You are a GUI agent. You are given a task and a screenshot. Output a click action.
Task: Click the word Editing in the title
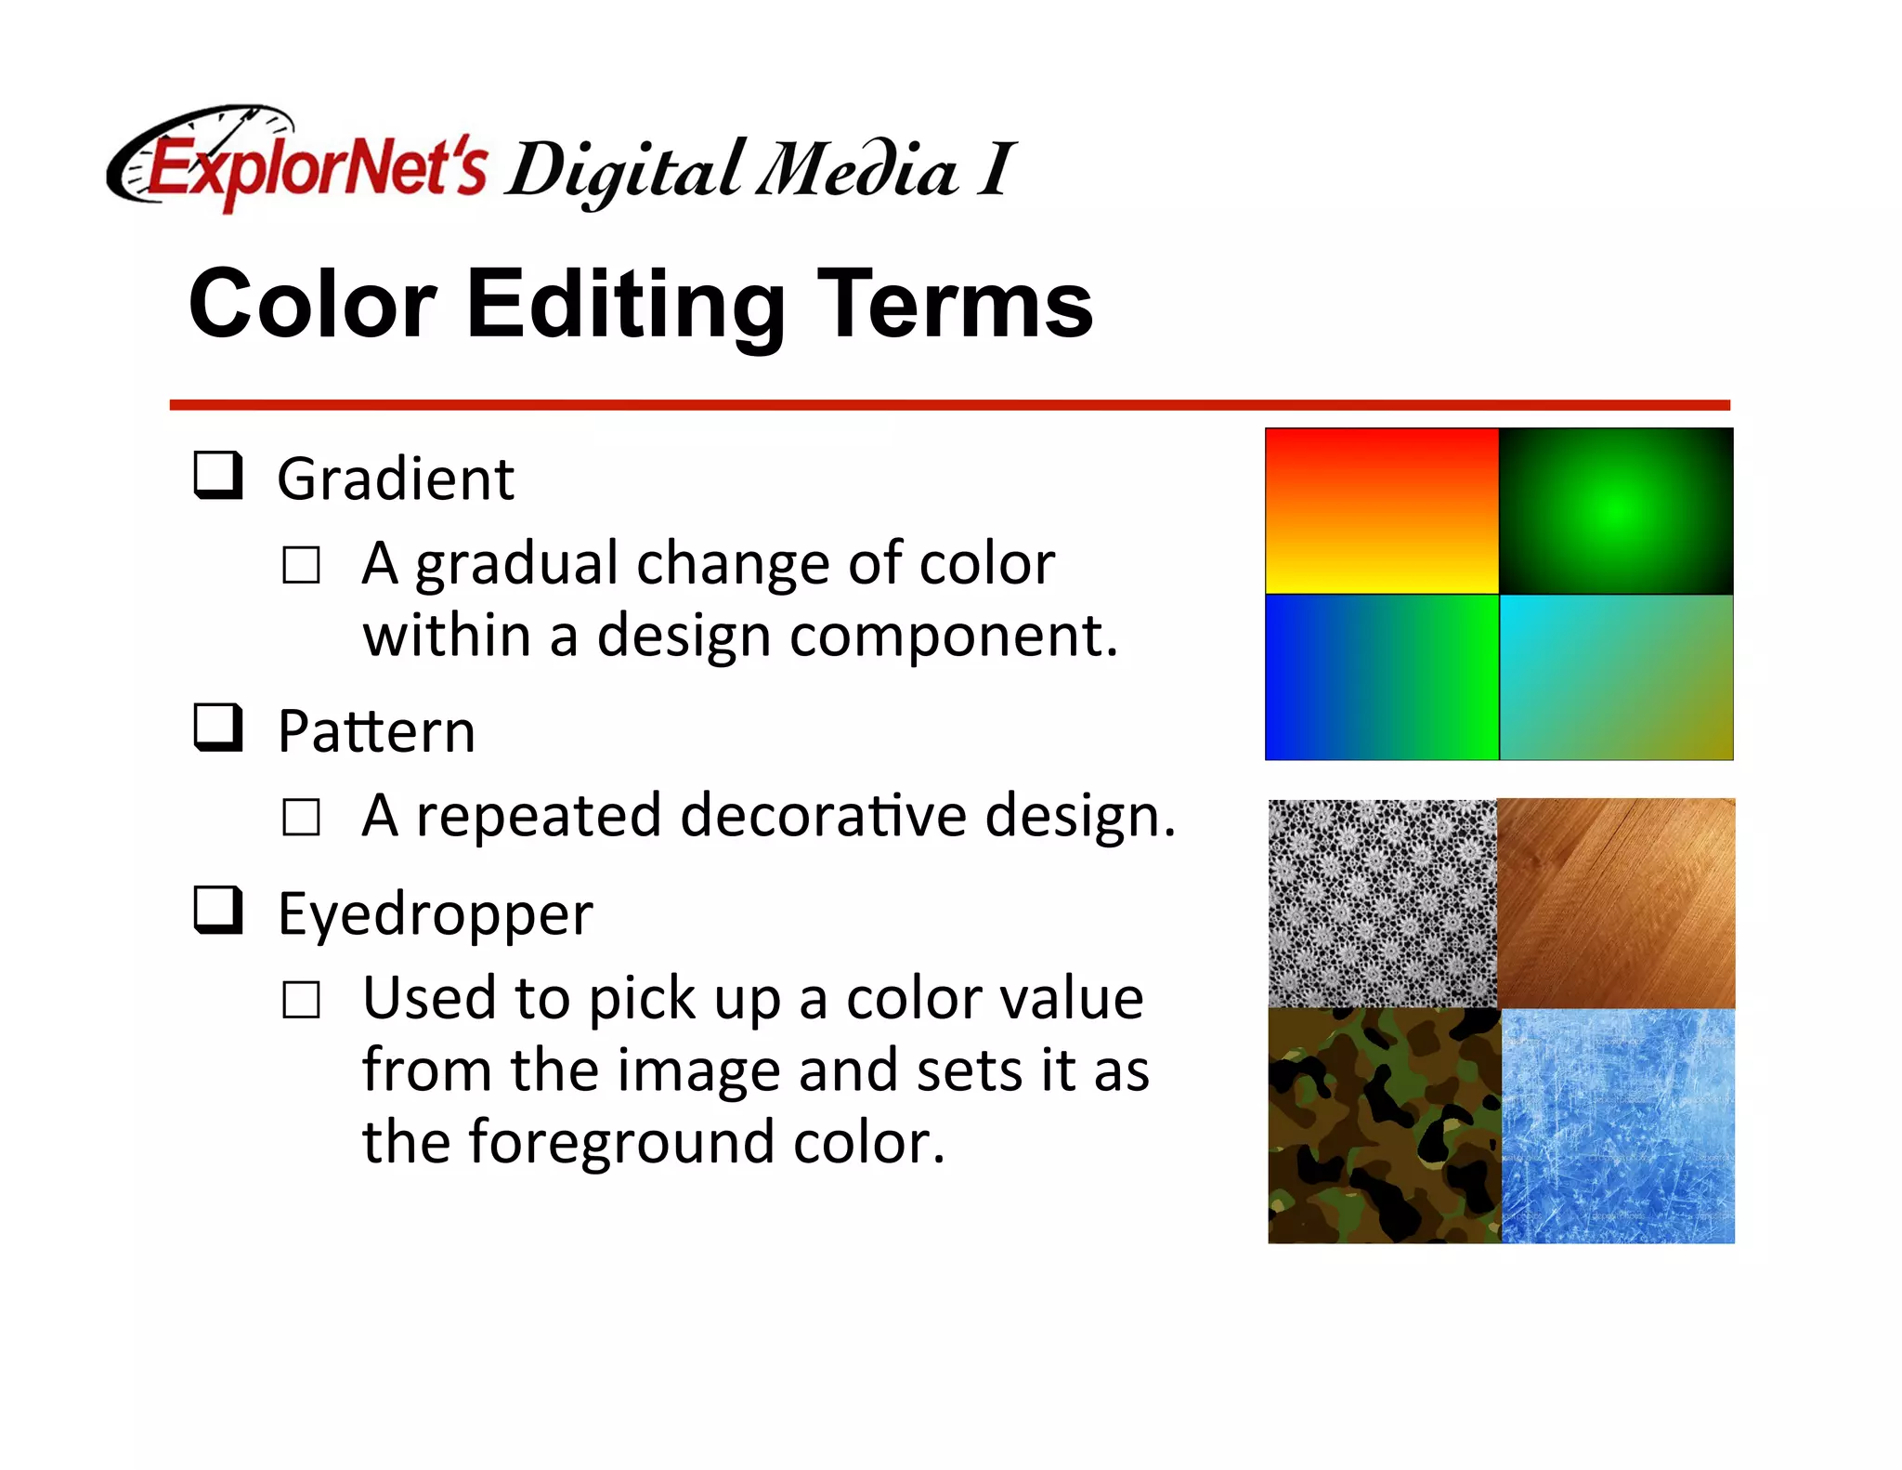pos(625,305)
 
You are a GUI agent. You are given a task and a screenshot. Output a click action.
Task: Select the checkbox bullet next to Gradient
pos(218,475)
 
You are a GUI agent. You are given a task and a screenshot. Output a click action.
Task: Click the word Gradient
pos(396,479)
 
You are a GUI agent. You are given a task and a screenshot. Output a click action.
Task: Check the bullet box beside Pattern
pos(218,727)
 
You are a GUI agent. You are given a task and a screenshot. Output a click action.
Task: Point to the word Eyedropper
pos(435,914)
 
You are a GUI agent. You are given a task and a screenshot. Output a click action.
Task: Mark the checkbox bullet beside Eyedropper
pos(218,909)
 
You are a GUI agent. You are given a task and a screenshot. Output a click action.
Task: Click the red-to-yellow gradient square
pos(1382,511)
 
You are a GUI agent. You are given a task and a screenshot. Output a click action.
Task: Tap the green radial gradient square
pos(1616,511)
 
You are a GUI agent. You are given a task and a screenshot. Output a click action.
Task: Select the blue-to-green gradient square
pos(1382,677)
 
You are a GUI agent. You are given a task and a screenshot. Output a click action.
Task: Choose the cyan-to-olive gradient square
pos(1616,677)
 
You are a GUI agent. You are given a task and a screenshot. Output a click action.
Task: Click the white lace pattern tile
pos(1383,903)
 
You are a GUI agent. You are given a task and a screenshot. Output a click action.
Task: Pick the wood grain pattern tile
pos(1617,903)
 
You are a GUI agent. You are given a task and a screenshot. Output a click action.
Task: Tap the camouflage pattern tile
pos(1384,1126)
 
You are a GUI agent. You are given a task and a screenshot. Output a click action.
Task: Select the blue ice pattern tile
pos(1618,1126)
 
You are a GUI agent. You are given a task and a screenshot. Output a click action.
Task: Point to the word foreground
pos(621,1142)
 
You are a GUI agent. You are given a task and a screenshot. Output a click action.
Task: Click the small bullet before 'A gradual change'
pos(301,565)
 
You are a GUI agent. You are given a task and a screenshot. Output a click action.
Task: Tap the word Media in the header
pos(856,171)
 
